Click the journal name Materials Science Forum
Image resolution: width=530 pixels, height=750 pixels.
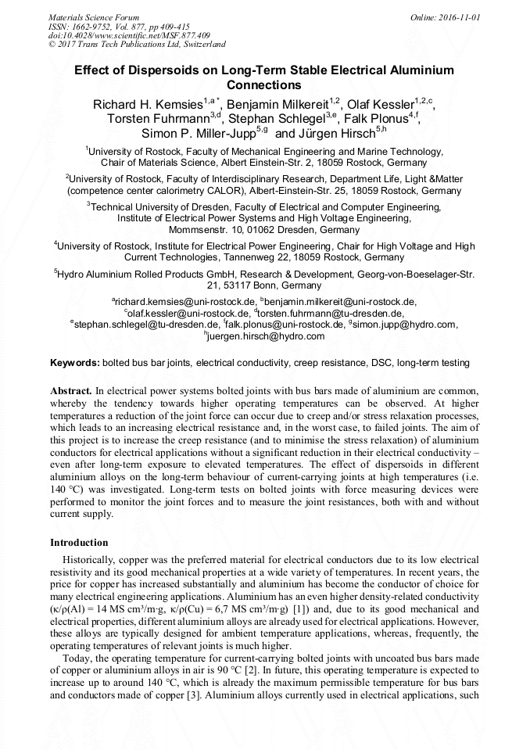tap(94, 16)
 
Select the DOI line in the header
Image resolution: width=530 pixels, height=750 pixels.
tap(129, 35)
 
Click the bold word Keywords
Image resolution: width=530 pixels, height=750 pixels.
tap(75, 363)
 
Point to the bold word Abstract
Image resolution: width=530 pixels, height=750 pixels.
tap(71, 389)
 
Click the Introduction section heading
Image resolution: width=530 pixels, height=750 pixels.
tap(79, 542)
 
